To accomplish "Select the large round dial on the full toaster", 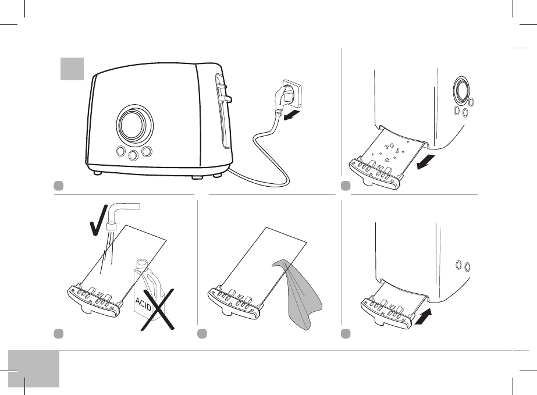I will click(x=134, y=124).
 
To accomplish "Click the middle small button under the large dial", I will click(x=134, y=155).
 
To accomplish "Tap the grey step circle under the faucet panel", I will click(x=58, y=334).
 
